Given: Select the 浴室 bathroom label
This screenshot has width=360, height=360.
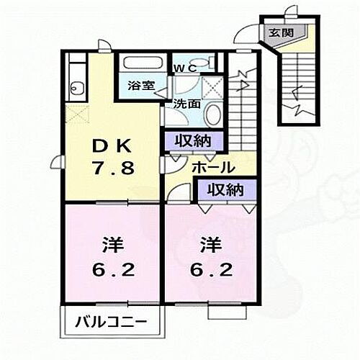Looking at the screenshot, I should coord(140,84).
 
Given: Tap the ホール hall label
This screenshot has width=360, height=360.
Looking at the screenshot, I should coord(212,168).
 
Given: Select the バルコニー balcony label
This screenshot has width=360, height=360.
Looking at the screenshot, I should coord(113,320).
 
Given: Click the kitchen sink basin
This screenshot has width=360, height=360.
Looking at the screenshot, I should coord(76,89).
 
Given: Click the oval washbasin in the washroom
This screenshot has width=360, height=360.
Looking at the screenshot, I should coord(212,114).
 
